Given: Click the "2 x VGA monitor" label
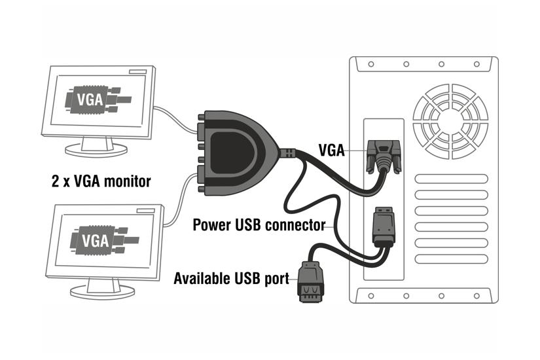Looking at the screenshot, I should pyautogui.click(x=101, y=181).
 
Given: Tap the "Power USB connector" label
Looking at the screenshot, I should pyautogui.click(x=259, y=225).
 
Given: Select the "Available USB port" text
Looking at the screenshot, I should pyautogui.click(x=231, y=279).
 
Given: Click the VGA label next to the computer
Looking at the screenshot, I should pyautogui.click(x=332, y=149).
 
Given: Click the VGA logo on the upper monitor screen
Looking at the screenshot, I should pyautogui.click(x=94, y=101).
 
